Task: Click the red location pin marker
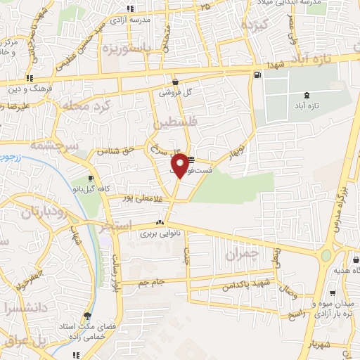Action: coord(181,165)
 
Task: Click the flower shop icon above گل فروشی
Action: coord(174,82)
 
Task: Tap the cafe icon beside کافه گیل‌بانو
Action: coord(91,178)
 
